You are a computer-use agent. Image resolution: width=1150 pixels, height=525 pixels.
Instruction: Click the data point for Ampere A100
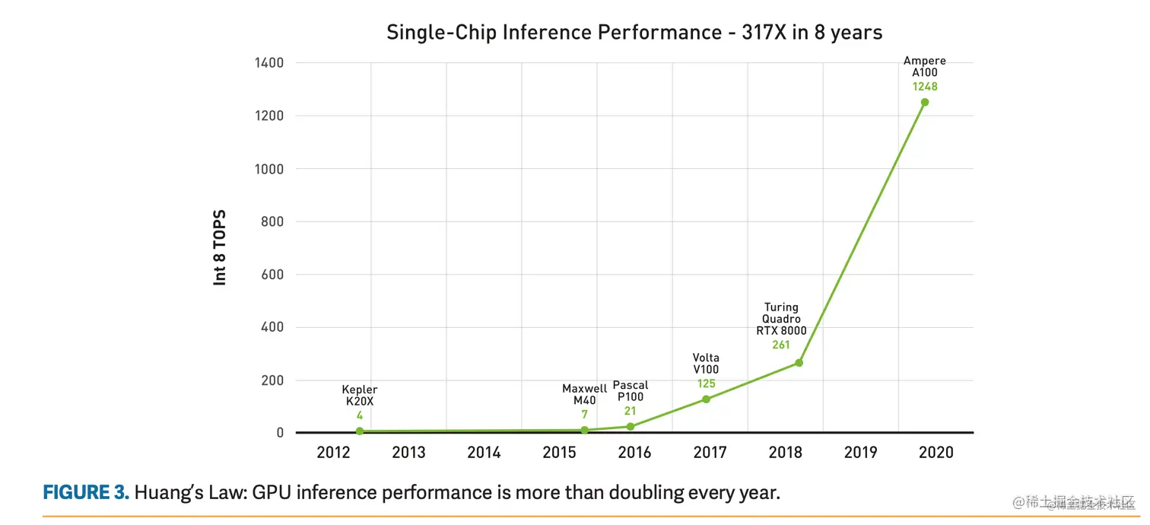(x=925, y=102)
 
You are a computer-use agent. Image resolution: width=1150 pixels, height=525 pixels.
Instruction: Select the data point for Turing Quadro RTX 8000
(x=799, y=363)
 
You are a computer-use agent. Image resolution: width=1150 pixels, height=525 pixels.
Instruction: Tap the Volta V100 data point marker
(x=706, y=399)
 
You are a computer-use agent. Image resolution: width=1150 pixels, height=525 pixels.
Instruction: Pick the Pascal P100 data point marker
(x=630, y=427)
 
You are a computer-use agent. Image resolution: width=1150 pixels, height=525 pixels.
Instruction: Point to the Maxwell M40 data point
(x=585, y=430)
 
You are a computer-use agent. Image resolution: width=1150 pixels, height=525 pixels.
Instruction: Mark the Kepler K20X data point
(x=360, y=431)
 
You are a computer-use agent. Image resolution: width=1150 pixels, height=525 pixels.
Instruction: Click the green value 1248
(x=925, y=87)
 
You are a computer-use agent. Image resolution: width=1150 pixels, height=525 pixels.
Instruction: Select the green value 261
(x=781, y=345)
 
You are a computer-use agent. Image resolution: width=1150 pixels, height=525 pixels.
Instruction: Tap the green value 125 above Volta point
(x=706, y=383)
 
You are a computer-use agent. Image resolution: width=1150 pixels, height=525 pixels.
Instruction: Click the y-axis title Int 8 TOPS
(x=220, y=248)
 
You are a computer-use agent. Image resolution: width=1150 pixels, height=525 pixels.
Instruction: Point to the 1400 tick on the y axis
(x=268, y=63)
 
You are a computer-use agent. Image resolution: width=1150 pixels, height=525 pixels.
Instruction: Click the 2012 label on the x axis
(x=333, y=453)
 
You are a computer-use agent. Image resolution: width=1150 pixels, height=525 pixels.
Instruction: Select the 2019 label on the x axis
(x=860, y=453)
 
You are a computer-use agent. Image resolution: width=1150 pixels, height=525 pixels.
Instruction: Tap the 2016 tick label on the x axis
(x=634, y=453)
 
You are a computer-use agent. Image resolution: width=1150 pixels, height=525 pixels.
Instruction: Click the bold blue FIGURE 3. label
(x=86, y=492)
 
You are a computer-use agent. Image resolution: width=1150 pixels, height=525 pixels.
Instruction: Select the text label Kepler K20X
(x=360, y=396)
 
